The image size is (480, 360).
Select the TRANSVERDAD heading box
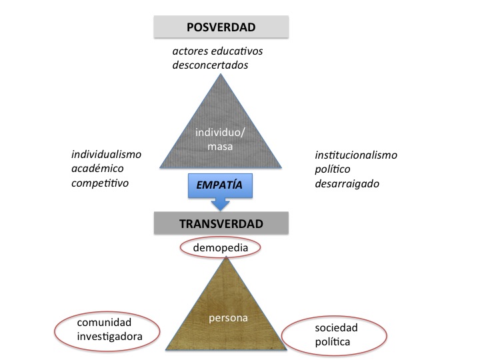click(x=221, y=224)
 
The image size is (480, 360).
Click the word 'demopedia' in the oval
click(x=220, y=248)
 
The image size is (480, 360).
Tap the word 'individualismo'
click(x=107, y=154)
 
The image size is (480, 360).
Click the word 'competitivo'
click(x=100, y=182)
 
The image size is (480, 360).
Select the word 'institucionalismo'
click(x=356, y=155)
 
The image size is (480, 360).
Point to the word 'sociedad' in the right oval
click(x=337, y=328)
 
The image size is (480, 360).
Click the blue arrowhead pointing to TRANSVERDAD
click(x=221, y=206)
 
